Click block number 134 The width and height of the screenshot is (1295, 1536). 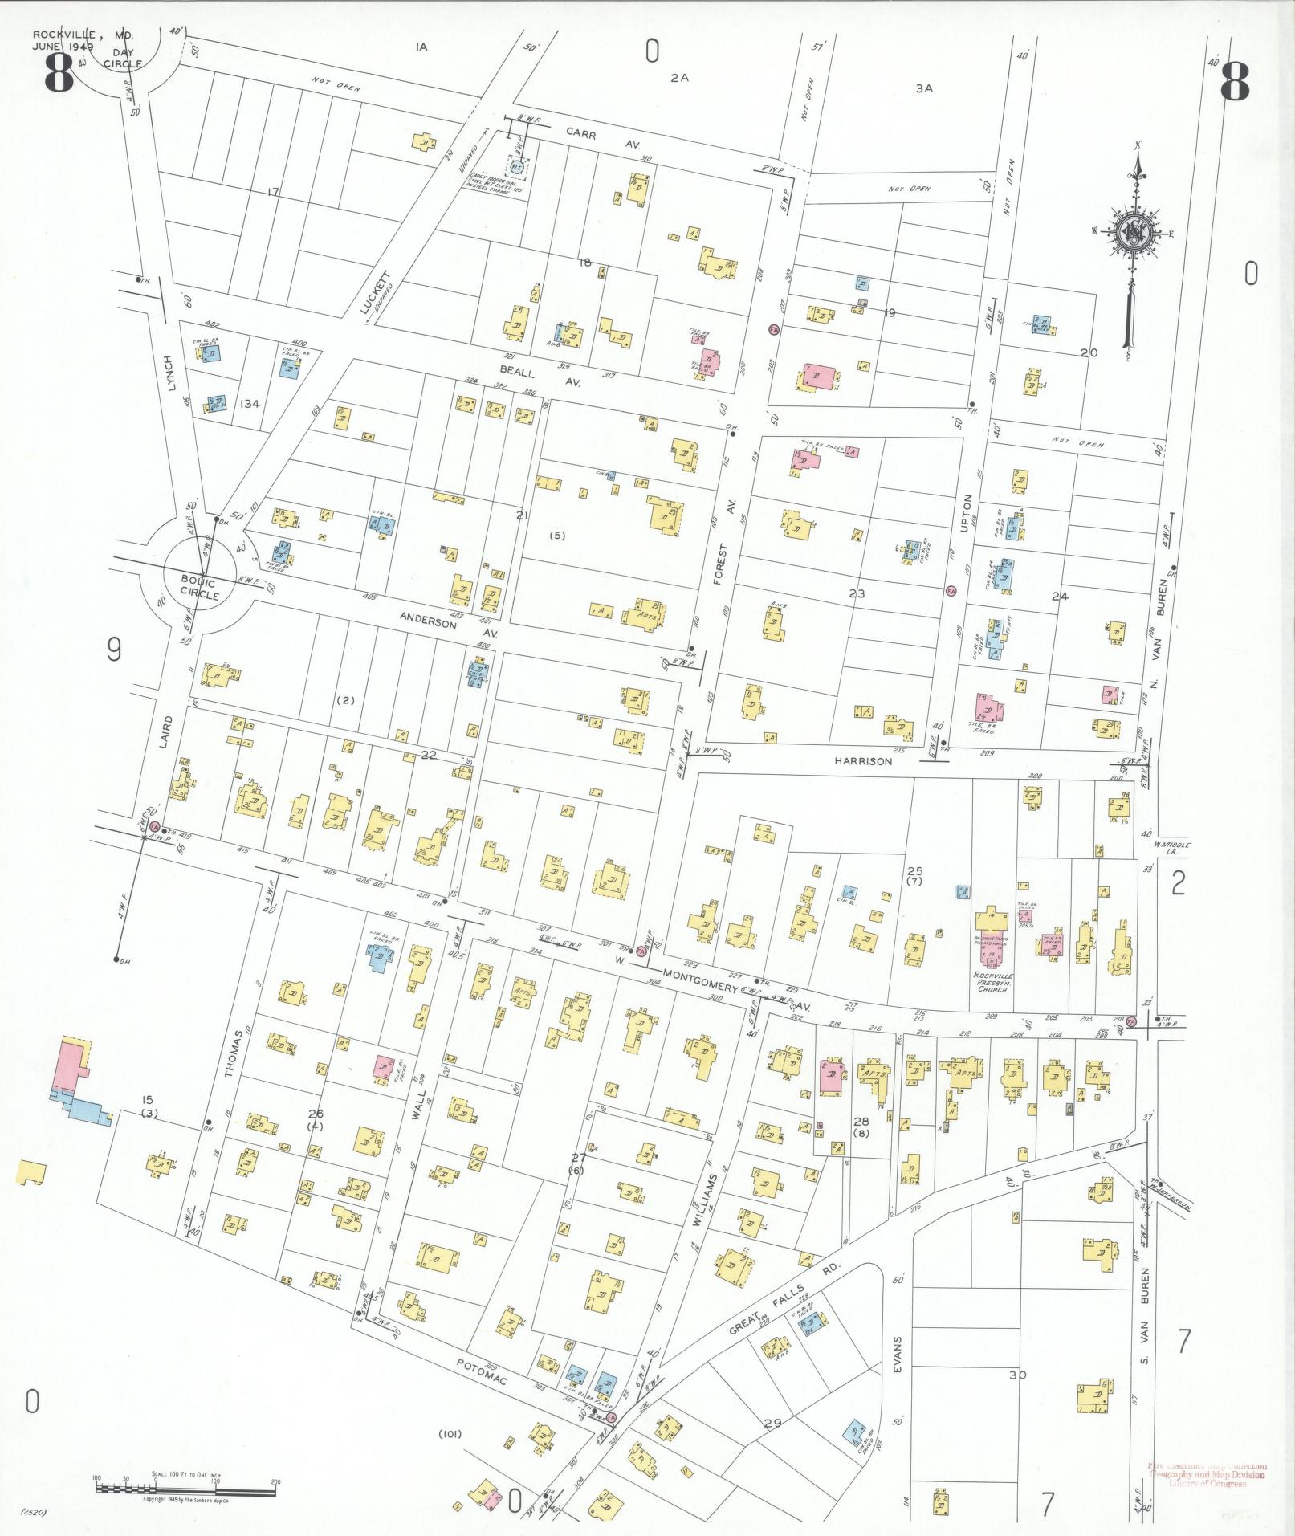point(250,403)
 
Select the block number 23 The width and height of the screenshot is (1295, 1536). point(857,593)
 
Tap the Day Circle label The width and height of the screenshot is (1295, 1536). point(123,59)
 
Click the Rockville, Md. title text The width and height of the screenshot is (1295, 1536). point(83,35)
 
